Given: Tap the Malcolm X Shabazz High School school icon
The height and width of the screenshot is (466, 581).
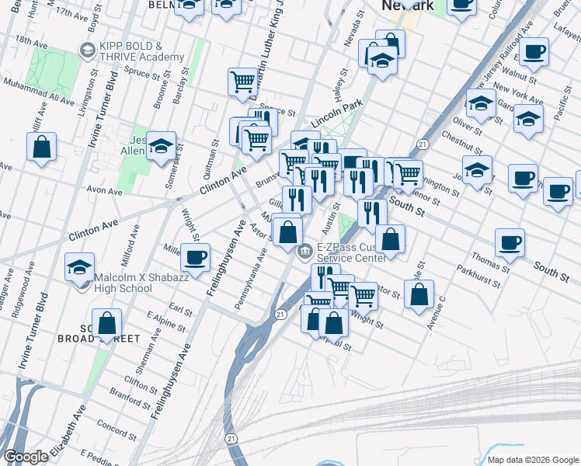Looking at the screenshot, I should pos(79,267).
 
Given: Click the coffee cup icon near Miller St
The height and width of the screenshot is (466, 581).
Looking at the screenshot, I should pos(195,256).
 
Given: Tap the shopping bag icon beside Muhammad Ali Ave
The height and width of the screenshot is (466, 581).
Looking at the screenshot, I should pos(41,146).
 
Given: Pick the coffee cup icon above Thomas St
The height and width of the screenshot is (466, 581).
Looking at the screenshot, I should pos(510,242).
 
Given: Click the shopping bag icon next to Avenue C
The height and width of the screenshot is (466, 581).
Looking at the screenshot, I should pos(419,294).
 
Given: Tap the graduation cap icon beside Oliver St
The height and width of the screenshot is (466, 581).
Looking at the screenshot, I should pos(481,103).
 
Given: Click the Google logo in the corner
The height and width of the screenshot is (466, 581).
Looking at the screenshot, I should pos(26,457).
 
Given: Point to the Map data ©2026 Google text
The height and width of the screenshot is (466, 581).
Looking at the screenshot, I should pos(533,460).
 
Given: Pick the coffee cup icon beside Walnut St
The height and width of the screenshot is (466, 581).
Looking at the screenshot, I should pos(533,52).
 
